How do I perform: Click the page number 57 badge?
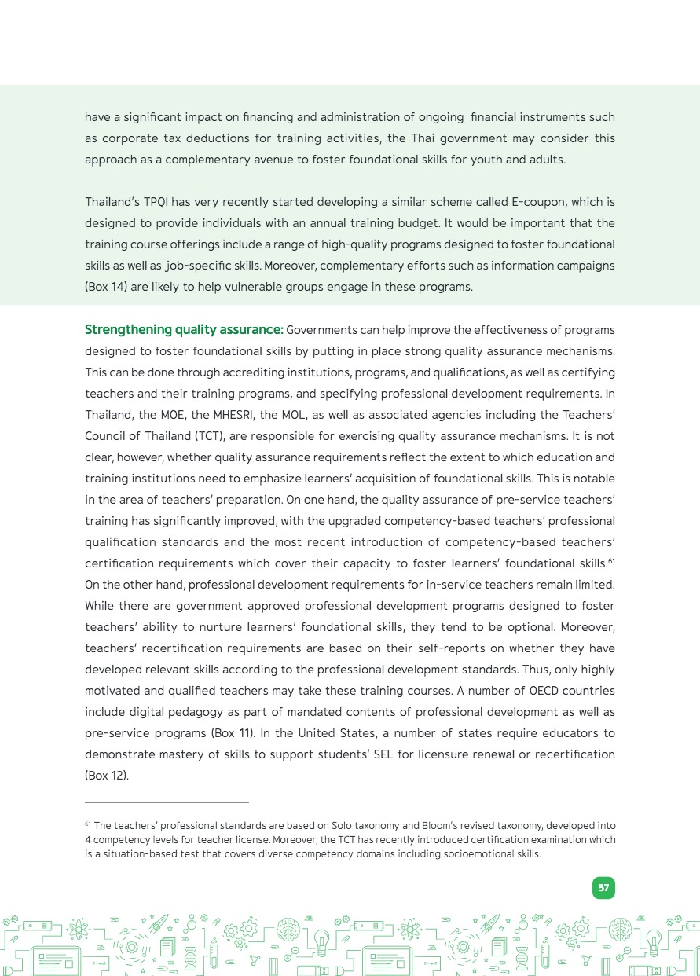click(603, 888)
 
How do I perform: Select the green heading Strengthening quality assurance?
click(184, 329)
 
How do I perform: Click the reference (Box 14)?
click(108, 287)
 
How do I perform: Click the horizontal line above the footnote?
click(167, 802)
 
